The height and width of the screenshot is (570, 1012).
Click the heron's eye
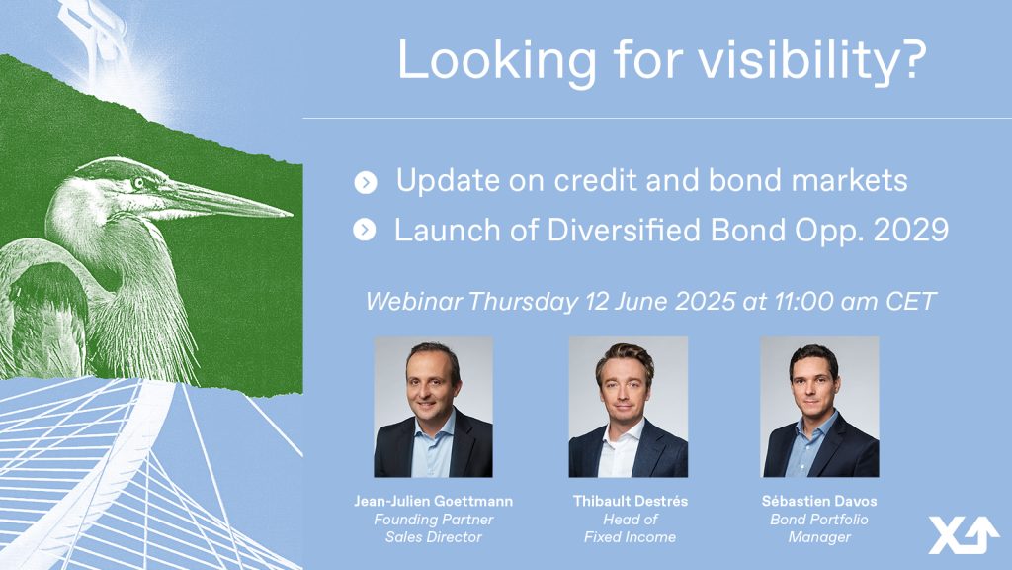(x=138, y=183)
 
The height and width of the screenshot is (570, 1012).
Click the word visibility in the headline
(x=812, y=60)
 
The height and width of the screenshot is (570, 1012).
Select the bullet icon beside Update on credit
(x=366, y=183)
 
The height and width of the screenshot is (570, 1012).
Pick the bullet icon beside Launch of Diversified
(x=365, y=230)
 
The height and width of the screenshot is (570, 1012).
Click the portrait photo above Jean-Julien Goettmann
(x=433, y=407)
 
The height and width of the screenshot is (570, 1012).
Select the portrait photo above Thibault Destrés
(x=628, y=407)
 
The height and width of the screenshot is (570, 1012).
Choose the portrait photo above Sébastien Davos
(x=819, y=407)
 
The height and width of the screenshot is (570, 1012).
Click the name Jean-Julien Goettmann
(x=434, y=501)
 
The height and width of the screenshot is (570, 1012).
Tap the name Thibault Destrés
(x=630, y=501)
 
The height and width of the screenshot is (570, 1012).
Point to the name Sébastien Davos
(x=819, y=501)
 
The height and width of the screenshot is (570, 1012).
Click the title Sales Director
(x=434, y=537)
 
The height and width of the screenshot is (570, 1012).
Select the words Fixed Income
(x=630, y=537)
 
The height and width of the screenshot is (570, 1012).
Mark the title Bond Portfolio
(x=819, y=519)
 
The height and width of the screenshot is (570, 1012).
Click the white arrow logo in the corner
(x=965, y=534)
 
